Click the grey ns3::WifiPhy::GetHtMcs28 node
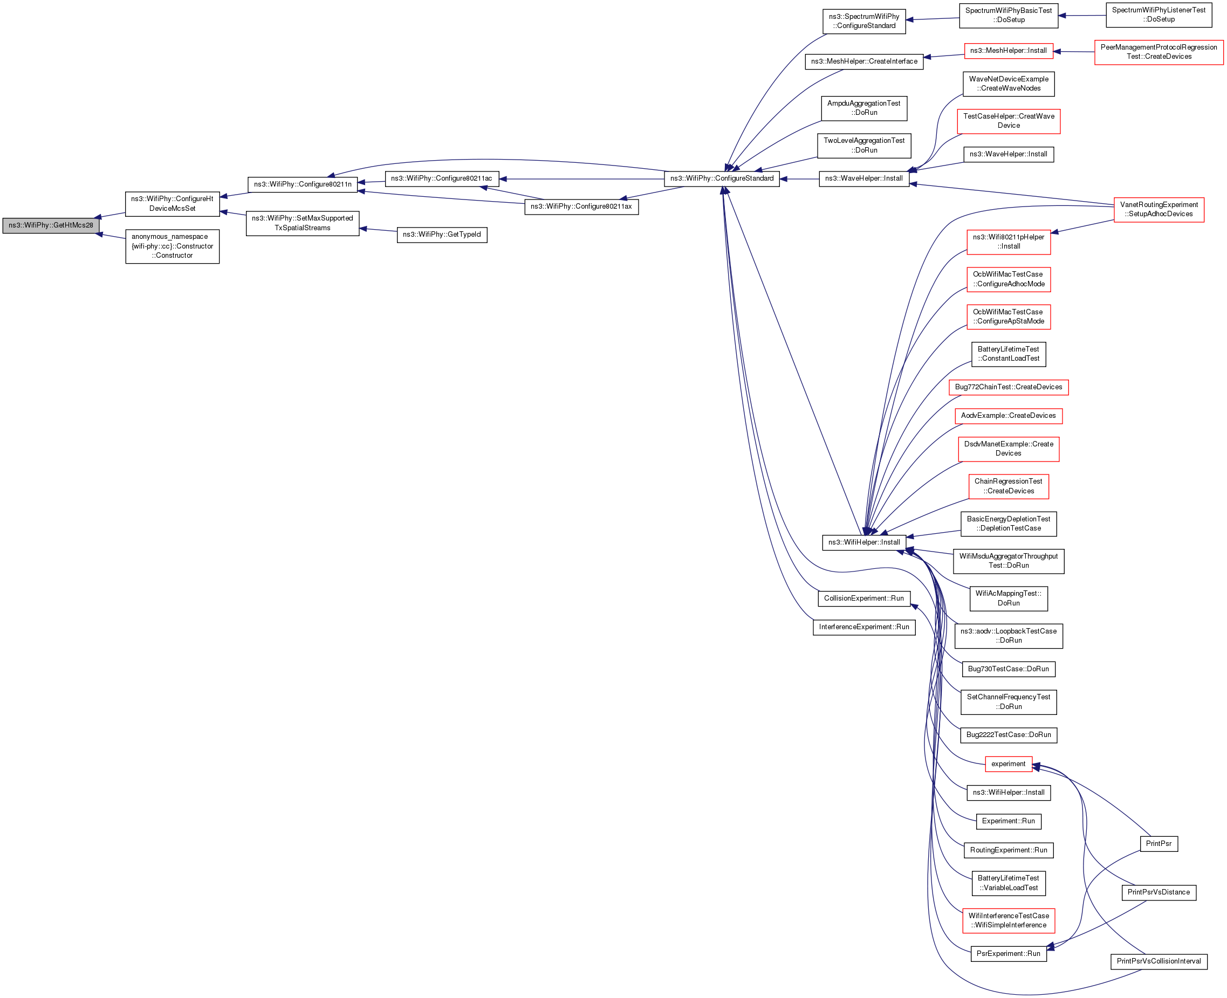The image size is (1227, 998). pos(51,225)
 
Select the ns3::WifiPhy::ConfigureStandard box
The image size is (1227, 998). pos(722,179)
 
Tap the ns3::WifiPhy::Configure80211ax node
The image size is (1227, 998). pos(581,207)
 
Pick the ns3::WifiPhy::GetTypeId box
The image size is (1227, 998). pos(442,235)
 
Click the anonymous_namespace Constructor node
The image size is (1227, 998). pos(172,246)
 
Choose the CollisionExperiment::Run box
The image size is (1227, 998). pos(863,598)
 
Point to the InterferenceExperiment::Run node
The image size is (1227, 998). pos(863,627)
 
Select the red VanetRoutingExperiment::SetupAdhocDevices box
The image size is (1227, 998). pos(1159,209)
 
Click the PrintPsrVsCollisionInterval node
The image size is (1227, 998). pos(1159,961)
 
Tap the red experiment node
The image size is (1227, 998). pos(1008,764)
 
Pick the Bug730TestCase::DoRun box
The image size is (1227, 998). pos(1008,669)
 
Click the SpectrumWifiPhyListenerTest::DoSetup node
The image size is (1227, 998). pos(1159,15)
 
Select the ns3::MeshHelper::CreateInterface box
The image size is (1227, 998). pos(863,61)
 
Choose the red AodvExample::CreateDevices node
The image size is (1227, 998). pos(1008,416)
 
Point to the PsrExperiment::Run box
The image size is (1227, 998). pos(1008,954)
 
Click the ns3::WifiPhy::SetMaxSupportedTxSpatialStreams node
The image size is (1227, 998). pos(303,223)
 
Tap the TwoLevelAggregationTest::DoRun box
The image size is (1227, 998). pos(863,146)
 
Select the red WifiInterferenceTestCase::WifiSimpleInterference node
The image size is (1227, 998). pos(1008,920)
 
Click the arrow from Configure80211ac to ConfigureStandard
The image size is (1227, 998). pos(581,179)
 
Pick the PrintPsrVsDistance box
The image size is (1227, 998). pos(1159,892)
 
